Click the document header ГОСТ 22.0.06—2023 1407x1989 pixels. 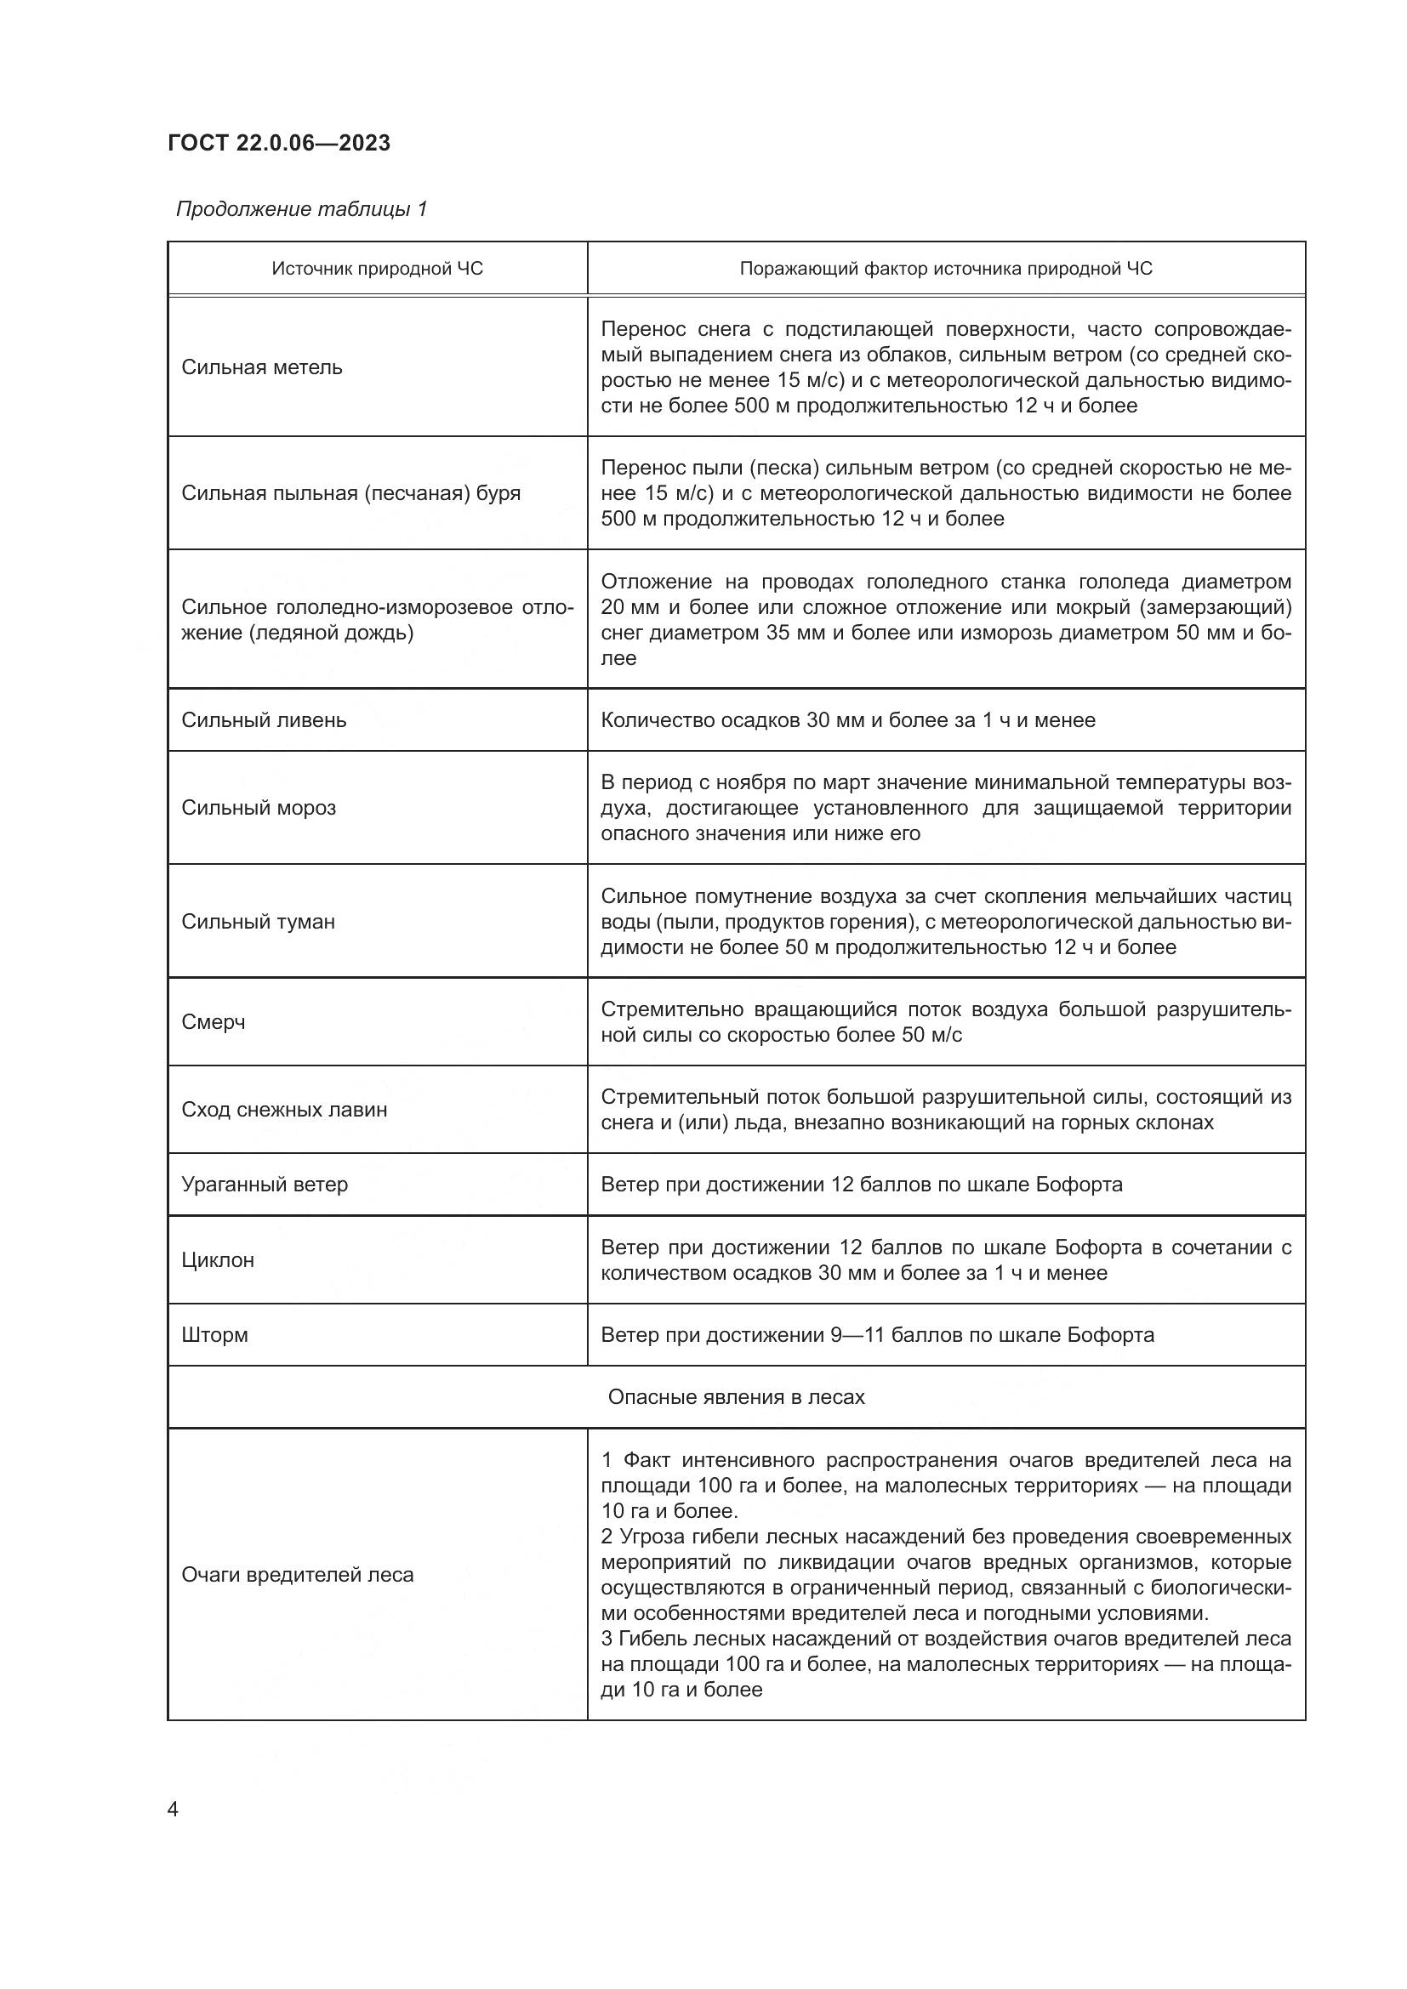[279, 143]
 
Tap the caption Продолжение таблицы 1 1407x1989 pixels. [301, 209]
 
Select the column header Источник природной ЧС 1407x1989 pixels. [377, 269]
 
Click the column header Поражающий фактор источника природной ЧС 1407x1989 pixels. [945, 269]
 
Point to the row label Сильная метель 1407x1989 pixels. [262, 367]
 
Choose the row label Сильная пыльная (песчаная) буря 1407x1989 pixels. [350, 493]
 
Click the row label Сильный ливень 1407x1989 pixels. [264, 720]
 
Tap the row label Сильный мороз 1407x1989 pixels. [259, 807]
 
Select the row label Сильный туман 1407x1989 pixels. [259, 921]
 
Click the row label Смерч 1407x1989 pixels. [214, 1022]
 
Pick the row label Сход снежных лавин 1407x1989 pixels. [284, 1110]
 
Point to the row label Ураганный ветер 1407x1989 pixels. [265, 1185]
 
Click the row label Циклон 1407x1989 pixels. [218, 1259]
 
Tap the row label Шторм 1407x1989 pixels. [215, 1334]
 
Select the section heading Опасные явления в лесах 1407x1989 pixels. [736, 1396]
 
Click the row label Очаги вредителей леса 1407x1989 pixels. [297, 1575]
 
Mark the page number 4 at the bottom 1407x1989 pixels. [173, 1810]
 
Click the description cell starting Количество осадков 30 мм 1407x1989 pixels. [847, 720]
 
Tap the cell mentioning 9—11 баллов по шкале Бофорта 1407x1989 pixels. [877, 1334]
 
